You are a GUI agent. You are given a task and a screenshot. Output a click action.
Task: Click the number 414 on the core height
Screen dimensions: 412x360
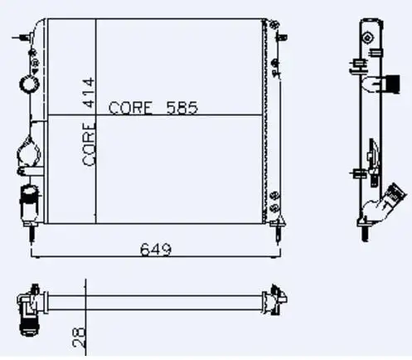click(x=89, y=93)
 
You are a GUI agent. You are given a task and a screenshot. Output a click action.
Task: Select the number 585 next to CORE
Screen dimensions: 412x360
click(x=182, y=108)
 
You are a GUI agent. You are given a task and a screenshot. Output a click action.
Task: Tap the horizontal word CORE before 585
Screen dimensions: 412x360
click(x=130, y=108)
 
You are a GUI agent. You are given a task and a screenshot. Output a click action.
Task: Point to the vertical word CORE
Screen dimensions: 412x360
click(x=90, y=144)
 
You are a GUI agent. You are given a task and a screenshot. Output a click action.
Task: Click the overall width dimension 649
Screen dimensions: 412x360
click(x=156, y=250)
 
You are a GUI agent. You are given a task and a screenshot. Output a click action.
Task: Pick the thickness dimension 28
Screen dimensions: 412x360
click(x=79, y=337)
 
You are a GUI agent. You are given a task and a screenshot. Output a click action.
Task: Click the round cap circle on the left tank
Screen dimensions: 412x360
click(x=29, y=84)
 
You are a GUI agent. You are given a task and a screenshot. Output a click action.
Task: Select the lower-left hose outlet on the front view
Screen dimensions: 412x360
click(x=28, y=202)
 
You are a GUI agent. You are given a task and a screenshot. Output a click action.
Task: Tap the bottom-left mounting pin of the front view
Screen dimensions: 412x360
click(x=32, y=232)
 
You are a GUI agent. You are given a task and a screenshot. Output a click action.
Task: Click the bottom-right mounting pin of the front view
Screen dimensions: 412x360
click(x=279, y=231)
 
